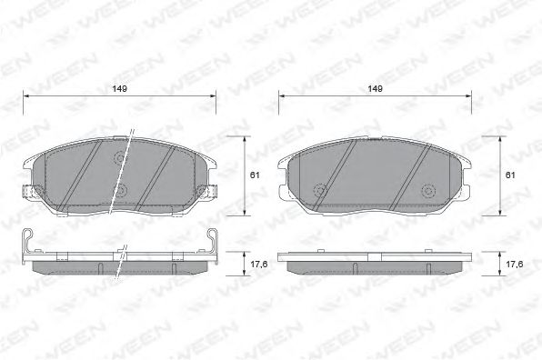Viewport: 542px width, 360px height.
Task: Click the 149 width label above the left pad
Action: (x=118, y=88)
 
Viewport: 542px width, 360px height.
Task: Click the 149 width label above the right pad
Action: (x=375, y=88)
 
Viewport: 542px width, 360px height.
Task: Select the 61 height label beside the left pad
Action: (x=255, y=175)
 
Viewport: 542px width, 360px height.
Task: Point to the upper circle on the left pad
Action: (x=121, y=157)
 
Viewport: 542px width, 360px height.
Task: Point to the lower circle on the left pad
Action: (x=121, y=192)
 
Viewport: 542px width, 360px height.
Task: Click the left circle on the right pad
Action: (x=319, y=191)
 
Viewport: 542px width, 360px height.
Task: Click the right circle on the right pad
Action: (x=428, y=191)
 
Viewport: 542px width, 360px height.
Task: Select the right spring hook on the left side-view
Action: (x=213, y=239)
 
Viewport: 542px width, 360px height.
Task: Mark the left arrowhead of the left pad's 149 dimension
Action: (x=25, y=95)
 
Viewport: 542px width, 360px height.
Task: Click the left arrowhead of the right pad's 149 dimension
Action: (x=281, y=95)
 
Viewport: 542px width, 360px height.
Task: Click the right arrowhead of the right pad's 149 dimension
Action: (x=469, y=95)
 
